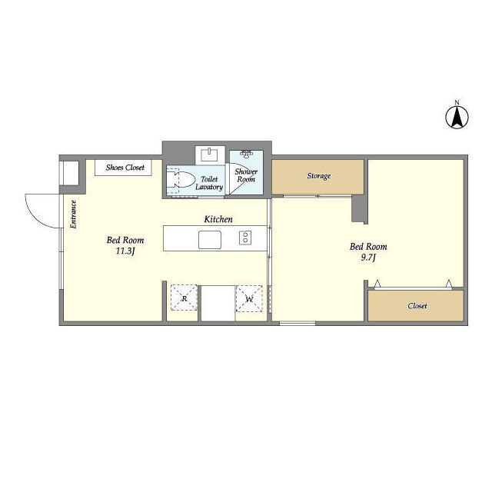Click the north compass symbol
[x=457, y=118]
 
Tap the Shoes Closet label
[x=125, y=168]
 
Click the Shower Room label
[x=246, y=175]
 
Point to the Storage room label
[x=319, y=176]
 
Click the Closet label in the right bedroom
[x=417, y=306]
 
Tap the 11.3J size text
[x=125, y=251]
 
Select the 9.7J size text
[x=368, y=258]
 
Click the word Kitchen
[x=218, y=219]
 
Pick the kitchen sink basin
[x=210, y=240]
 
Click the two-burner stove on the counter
[x=245, y=238]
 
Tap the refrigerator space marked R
[x=184, y=298]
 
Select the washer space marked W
[x=249, y=299]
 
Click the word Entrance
[x=74, y=214]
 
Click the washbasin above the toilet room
[x=210, y=155]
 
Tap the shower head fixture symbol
[x=247, y=154]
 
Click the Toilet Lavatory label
[x=209, y=183]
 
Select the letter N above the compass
[x=457, y=102]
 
